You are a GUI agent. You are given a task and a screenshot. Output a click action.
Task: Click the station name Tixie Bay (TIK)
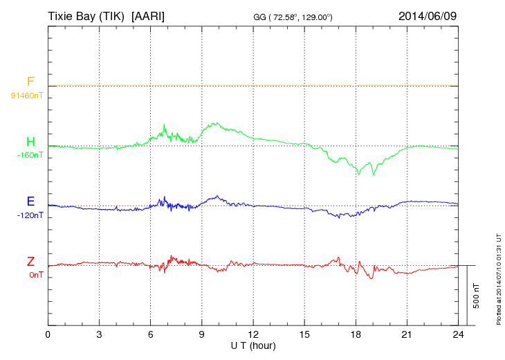pos(86,15)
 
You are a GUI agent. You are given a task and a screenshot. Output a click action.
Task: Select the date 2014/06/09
pos(428,15)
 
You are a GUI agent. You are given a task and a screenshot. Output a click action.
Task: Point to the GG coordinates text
pos(294,17)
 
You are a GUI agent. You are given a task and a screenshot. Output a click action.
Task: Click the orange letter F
pos(30,82)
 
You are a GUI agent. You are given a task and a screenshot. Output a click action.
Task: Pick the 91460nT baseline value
pos(27,96)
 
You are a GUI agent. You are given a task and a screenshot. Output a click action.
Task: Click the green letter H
pos(30,142)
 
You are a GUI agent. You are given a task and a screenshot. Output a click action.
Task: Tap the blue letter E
pos(30,201)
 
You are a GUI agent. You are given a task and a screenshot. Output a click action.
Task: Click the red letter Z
pos(30,261)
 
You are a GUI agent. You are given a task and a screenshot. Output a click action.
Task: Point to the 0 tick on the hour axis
pos(48,334)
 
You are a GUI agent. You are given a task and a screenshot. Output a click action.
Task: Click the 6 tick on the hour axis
pos(151,334)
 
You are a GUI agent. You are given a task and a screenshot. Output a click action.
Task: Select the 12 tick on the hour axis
pos(253,334)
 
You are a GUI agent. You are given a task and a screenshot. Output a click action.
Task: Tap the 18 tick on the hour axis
pos(356,334)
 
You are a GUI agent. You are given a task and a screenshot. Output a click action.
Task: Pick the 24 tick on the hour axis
pos(459,334)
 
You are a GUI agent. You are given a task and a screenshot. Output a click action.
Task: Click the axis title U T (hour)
pos(253,345)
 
